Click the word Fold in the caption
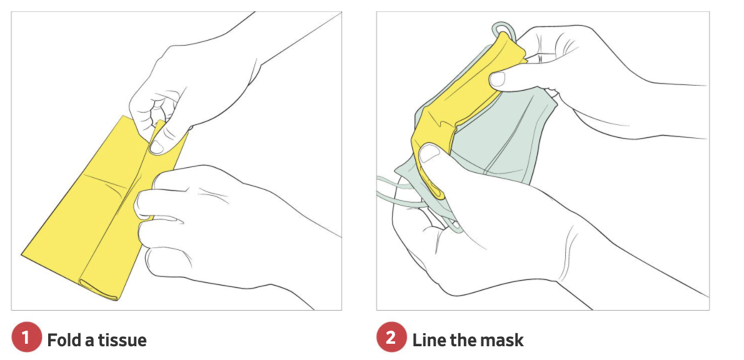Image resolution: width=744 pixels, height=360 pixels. (x=64, y=339)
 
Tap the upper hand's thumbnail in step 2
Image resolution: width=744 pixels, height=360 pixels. (x=497, y=79)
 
